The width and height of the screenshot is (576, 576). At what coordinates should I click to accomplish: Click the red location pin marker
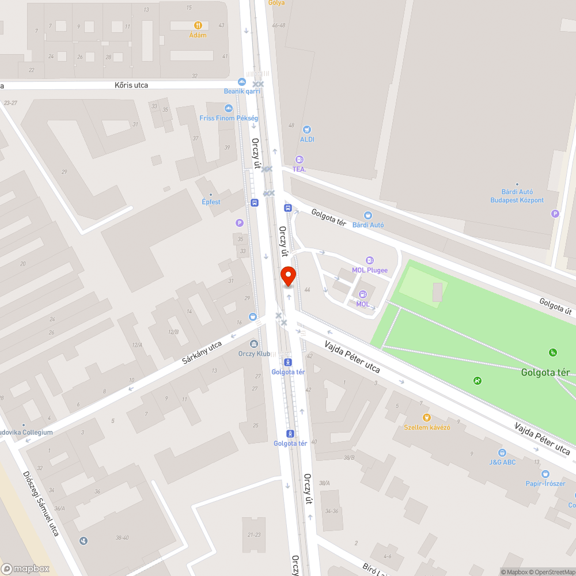pos(288,276)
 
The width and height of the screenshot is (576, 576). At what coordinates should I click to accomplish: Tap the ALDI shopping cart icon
pos(307,130)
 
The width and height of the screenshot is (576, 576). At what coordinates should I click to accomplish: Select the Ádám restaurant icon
pos(198,25)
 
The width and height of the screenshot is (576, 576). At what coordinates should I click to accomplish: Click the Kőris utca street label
pos(131,85)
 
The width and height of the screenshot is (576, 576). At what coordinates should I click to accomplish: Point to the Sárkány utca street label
pos(202,353)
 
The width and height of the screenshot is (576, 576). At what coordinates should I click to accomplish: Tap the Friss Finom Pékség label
pos(229,118)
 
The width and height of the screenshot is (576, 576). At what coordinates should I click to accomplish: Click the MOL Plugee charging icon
pos(370,260)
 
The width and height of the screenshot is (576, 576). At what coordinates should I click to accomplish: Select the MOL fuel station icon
pos(363,295)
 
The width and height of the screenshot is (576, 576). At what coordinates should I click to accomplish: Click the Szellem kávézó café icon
pos(426,418)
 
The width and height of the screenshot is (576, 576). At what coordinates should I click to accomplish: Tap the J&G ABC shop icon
pos(502,453)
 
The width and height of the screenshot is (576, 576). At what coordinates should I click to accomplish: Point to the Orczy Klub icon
pos(254,344)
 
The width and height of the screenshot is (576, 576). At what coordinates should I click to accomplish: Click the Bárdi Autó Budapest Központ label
pos(517,196)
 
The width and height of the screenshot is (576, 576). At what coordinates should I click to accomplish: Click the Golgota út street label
pos(555,306)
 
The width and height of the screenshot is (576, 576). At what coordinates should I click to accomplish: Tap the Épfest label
pos(211,202)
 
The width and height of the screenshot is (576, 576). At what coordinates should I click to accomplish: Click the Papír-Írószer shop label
pos(545,483)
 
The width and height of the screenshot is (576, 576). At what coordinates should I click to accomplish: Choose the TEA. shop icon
pos(299,160)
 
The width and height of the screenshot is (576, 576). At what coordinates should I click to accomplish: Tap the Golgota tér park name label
pos(545,373)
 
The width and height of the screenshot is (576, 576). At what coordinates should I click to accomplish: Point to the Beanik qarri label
pos(242,91)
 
